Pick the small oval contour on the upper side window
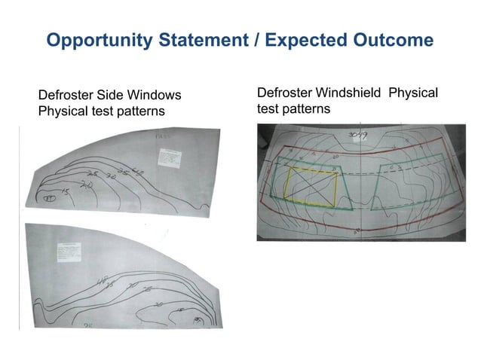click(x=49, y=199)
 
